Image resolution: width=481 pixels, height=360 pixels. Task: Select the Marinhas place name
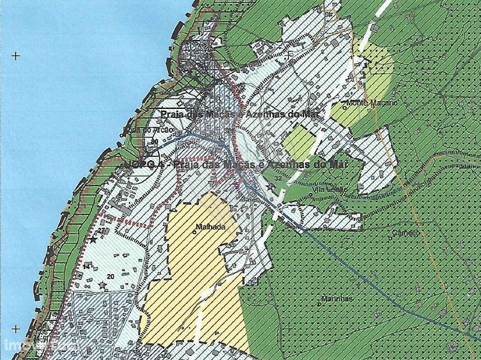(x=337, y=299)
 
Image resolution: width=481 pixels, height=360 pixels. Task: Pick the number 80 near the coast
(x=155, y=142)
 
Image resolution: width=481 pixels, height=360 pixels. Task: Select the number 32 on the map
(x=278, y=178)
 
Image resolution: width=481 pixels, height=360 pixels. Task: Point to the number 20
(x=110, y=275)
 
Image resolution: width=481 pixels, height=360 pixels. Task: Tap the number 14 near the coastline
(x=85, y=267)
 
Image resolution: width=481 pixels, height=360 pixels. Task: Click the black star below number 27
(x=93, y=240)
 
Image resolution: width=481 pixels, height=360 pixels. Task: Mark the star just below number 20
(x=103, y=285)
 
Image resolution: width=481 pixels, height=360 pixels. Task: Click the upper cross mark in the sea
(x=16, y=56)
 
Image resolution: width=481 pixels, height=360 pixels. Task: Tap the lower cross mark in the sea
(x=16, y=329)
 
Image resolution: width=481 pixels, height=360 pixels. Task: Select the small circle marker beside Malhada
(x=194, y=232)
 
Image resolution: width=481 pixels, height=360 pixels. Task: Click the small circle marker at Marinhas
(x=319, y=303)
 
